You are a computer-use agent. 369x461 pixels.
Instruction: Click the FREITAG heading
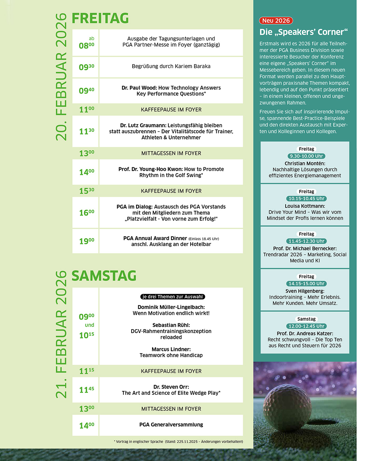[100, 18]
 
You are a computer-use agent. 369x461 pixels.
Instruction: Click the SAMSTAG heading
[104, 276]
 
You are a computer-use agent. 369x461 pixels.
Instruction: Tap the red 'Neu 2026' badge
[276, 20]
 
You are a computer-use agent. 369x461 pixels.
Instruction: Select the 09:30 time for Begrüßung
[86, 67]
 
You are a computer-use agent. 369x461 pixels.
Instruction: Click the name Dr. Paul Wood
[139, 88]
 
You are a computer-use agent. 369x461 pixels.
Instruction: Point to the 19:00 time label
[86, 241]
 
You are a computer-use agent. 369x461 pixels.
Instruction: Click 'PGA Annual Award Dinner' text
[155, 238]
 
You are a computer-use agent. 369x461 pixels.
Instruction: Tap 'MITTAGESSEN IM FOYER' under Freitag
[171, 153]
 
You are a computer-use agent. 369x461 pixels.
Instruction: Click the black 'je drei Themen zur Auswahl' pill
[173, 297]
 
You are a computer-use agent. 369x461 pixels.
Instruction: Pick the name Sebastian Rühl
[171, 325]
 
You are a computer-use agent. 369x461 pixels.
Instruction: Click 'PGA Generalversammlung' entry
[171, 424]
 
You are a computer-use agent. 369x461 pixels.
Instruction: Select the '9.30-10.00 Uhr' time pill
[306, 156]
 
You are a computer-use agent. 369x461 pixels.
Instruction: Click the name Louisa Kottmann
[305, 206]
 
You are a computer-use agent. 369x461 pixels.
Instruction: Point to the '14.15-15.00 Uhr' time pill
[306, 283]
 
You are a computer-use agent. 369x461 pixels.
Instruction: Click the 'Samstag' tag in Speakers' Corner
[306, 319]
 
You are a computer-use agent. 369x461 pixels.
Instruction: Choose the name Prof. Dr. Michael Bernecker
[305, 249]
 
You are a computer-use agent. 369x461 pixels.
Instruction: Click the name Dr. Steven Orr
[171, 387]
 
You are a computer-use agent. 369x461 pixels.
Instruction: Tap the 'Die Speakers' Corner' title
[303, 32]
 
